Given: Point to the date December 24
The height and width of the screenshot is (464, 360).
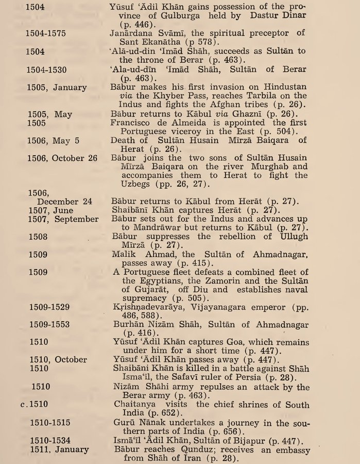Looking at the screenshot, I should (62, 202).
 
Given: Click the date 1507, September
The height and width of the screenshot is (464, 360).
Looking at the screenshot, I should (63, 219).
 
